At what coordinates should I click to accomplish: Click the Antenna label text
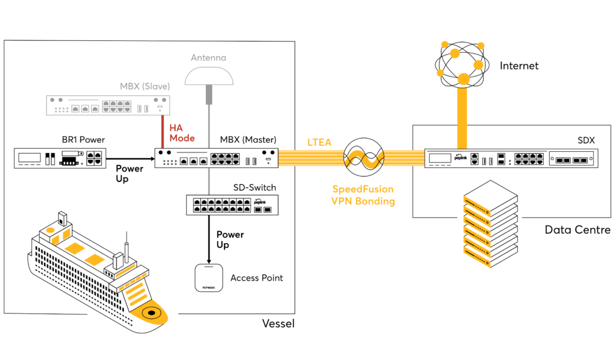pos(208,58)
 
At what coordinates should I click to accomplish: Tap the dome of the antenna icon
pos(209,76)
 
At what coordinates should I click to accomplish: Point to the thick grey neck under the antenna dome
pos(209,94)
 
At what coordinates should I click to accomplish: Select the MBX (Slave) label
pos(144,86)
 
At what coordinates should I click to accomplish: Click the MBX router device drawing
pos(108,105)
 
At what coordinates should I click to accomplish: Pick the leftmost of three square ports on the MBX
pos(76,108)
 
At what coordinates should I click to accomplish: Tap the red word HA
pos(175,128)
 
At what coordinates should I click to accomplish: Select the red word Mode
pos(182,138)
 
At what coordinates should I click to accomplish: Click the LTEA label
pos(319,143)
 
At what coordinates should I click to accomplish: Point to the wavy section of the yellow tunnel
pos(363,159)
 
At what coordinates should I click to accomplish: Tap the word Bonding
pos(374,201)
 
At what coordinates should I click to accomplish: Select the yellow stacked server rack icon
pos(477,232)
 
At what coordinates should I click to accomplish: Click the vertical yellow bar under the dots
pos(462,118)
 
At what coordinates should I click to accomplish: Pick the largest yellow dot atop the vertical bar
pos(463,79)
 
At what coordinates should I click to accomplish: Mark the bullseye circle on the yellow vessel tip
pos(150,314)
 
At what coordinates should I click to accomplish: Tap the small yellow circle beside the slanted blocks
pos(50,230)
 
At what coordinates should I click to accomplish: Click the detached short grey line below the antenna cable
pos(209,181)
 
